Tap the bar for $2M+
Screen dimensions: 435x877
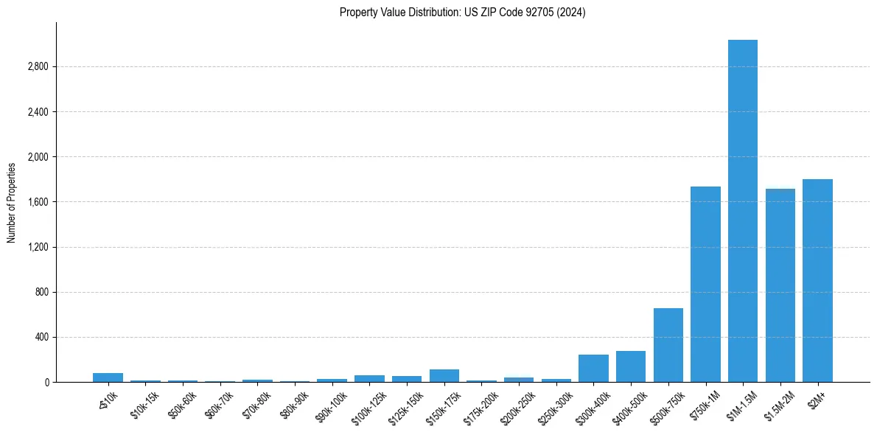point(817,281)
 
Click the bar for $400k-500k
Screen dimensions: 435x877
point(631,366)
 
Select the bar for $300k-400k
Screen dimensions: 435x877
point(593,369)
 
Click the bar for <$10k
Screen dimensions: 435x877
point(108,377)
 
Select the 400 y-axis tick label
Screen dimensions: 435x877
point(41,338)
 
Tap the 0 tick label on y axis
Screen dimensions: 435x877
point(46,383)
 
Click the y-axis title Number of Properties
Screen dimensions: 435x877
point(12,202)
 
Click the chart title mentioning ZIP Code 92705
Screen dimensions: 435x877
point(462,13)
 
